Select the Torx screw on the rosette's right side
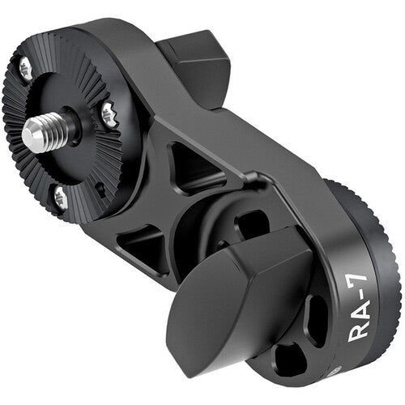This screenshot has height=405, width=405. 107,114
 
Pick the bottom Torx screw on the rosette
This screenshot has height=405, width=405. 59,194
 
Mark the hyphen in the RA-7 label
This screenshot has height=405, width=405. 363,276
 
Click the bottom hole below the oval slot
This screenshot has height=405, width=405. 292,357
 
